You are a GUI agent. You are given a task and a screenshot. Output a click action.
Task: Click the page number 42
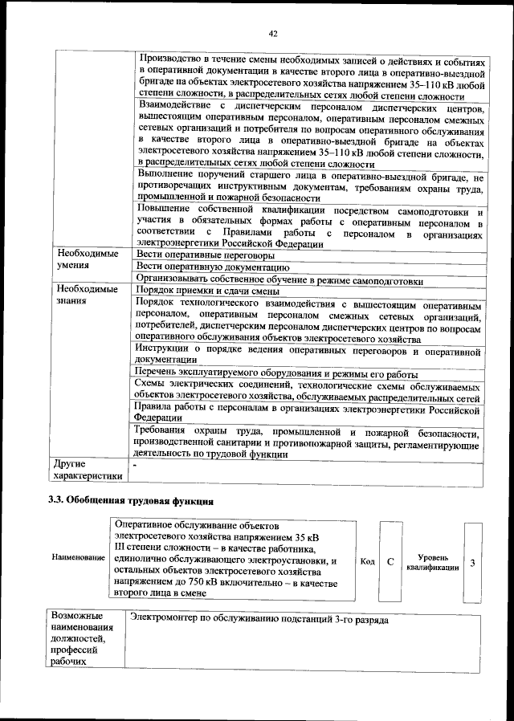pyautogui.click(x=272, y=33)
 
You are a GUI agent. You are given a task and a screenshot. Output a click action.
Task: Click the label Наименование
pyautogui.click(x=78, y=556)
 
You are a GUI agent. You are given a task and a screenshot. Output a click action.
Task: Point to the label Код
pyautogui.click(x=367, y=561)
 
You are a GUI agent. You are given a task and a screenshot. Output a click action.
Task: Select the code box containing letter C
pyautogui.click(x=390, y=561)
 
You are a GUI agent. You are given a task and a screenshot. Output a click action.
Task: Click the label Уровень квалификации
pyautogui.click(x=433, y=562)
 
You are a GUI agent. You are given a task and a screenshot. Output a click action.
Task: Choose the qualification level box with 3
pyautogui.click(x=472, y=562)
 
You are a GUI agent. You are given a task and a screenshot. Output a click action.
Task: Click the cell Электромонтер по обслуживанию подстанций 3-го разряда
pyautogui.click(x=259, y=621)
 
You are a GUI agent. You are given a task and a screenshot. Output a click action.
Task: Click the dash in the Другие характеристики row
pyautogui.click(x=135, y=465)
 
